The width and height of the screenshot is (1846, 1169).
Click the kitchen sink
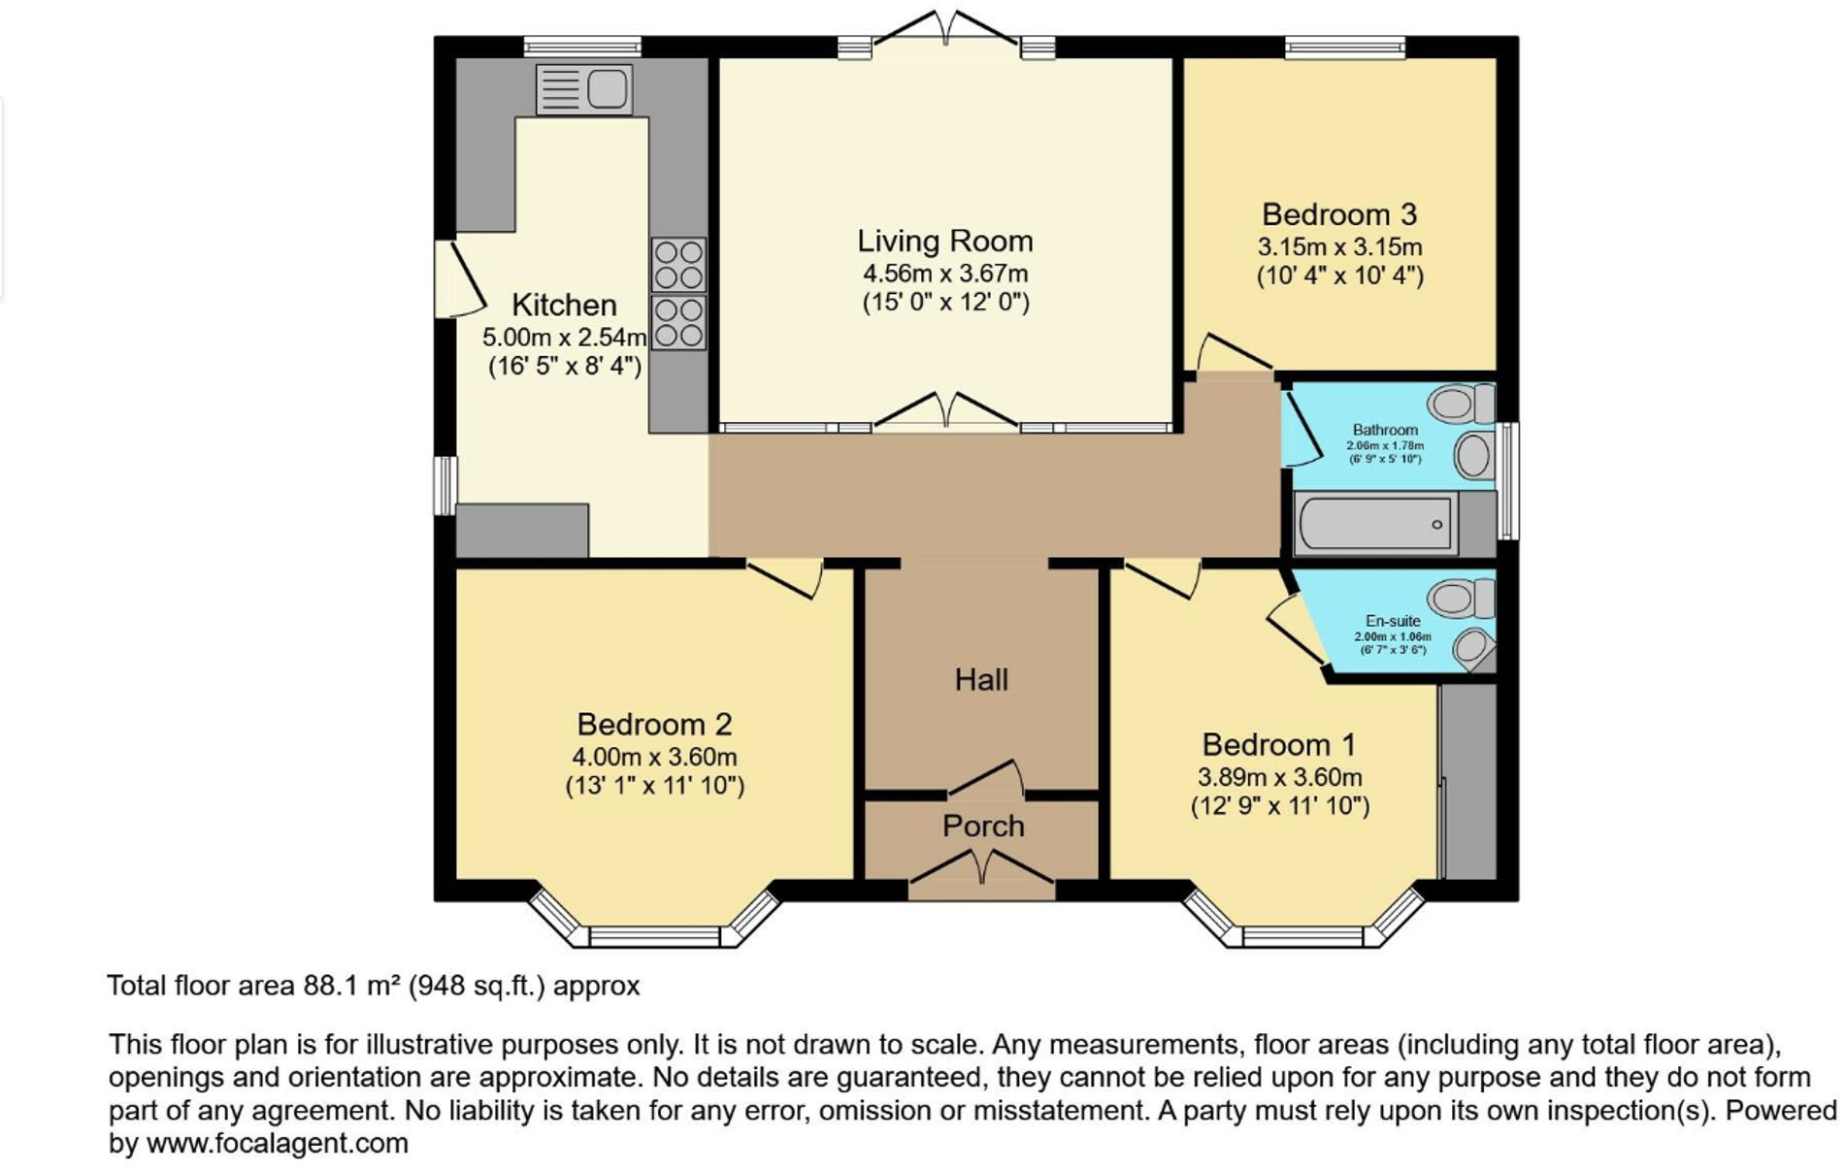[583, 89]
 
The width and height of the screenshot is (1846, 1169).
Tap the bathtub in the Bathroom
[1375, 524]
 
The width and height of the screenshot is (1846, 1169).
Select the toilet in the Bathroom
[1461, 403]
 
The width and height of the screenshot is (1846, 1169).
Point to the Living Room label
[944, 241]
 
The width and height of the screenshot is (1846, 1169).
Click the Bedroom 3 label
[1338, 214]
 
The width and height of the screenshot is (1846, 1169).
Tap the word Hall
[981, 680]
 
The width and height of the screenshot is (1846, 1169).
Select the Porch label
[982, 826]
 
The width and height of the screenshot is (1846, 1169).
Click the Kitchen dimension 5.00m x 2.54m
[564, 338]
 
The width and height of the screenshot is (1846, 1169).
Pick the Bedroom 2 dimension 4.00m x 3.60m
[654, 757]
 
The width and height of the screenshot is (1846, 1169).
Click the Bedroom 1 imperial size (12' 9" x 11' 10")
[1279, 806]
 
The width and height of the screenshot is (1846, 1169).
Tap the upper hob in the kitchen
[678, 265]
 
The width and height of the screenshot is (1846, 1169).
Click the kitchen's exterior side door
[459, 278]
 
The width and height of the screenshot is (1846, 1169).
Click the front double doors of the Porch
[981, 868]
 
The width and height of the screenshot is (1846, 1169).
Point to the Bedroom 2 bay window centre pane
[654, 936]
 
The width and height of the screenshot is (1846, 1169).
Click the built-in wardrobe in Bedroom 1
[1467, 782]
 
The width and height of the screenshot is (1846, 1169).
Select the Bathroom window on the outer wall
[1507, 480]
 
